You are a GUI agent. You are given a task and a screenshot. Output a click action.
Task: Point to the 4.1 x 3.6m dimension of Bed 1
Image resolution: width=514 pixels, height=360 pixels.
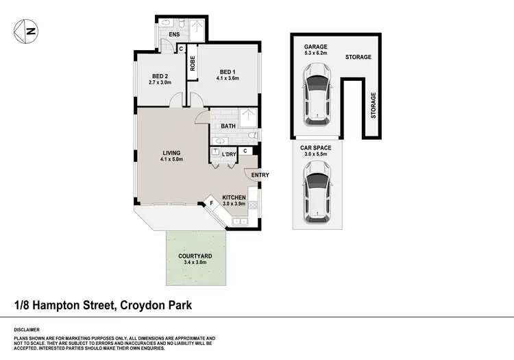click(x=228, y=79)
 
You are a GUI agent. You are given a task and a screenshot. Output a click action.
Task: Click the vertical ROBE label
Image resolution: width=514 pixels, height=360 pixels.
click(x=193, y=64)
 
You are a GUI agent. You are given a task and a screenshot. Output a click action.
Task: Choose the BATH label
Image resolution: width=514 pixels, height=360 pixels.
click(x=228, y=126)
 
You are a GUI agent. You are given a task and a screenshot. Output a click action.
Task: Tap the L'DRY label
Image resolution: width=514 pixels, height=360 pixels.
click(x=228, y=154)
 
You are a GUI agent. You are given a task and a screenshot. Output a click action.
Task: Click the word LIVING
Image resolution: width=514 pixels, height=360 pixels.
click(x=171, y=154)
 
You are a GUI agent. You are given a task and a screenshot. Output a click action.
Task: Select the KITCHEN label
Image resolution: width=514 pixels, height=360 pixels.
click(x=234, y=197)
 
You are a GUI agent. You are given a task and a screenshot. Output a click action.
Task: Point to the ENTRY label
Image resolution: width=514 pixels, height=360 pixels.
click(x=260, y=175)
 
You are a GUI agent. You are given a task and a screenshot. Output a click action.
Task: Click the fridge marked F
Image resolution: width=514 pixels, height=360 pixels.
click(x=212, y=203)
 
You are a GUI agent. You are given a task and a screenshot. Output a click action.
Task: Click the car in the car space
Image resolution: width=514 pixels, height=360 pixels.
click(x=317, y=195)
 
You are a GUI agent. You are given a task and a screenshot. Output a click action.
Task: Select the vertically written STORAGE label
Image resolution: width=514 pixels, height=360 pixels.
click(x=374, y=106)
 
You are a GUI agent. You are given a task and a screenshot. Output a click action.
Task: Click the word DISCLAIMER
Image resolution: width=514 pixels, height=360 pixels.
click(x=27, y=329)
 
